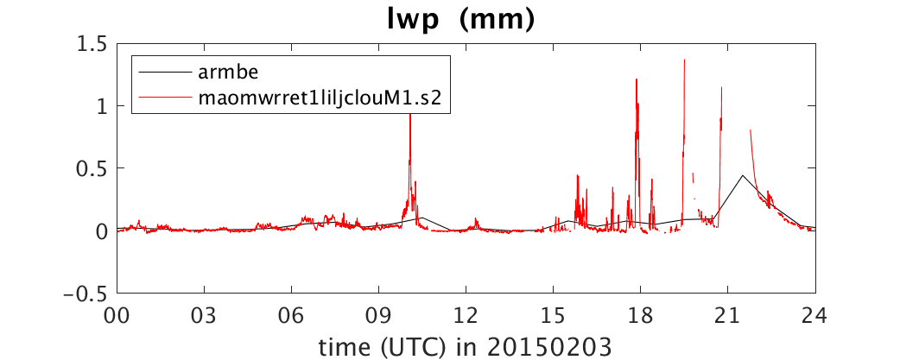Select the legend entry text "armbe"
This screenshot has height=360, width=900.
[x=224, y=73]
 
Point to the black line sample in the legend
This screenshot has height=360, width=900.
[x=165, y=73]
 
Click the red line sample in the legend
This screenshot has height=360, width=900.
[x=165, y=98]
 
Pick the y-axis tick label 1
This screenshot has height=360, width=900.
[x=102, y=106]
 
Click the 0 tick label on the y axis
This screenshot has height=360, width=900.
[x=101, y=231]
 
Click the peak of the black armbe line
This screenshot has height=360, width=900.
[x=742, y=175]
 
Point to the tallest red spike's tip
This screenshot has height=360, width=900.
[x=684, y=60]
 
